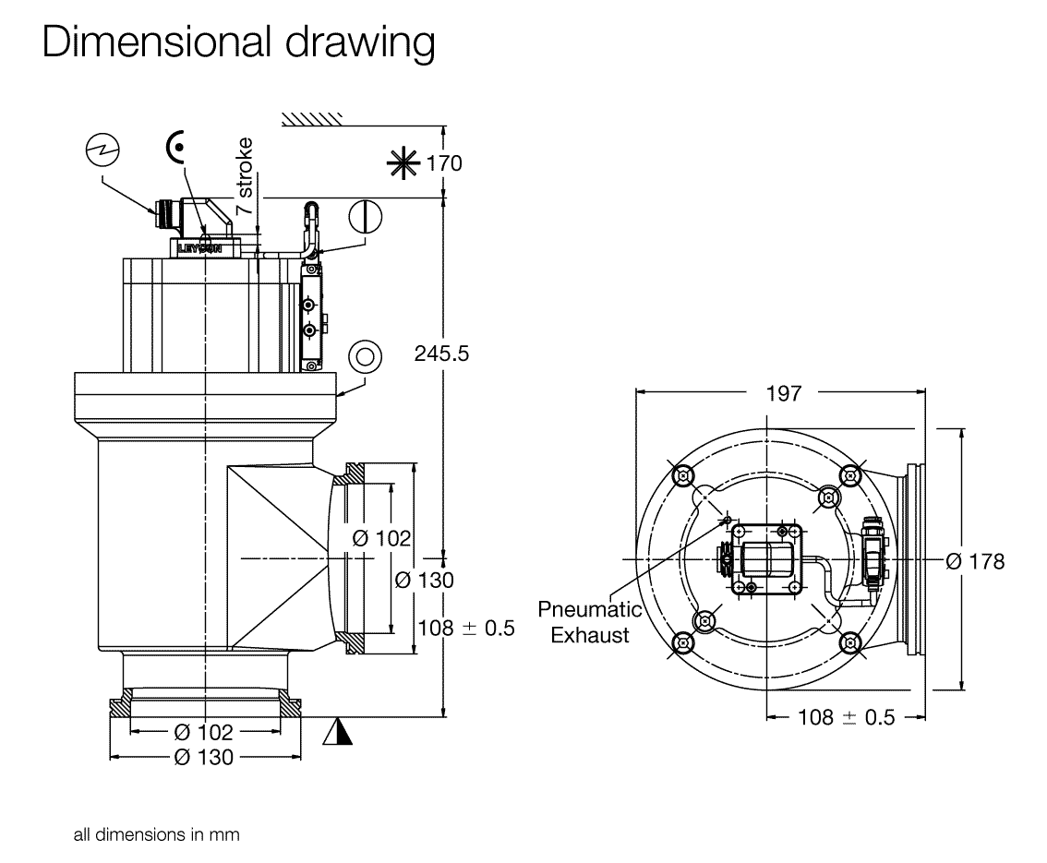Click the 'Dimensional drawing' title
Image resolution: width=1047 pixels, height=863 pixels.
point(238,43)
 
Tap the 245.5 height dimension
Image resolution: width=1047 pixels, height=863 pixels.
point(441,354)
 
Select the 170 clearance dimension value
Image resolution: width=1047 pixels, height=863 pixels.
point(444,164)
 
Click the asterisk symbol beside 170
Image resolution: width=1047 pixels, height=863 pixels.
point(403,164)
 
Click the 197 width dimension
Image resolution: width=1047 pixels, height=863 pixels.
point(784,393)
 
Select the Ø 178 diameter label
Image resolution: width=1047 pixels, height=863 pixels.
point(975,561)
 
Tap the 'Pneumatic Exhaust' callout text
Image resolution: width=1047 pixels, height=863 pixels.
point(590,622)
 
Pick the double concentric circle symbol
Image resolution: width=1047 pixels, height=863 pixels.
point(365,355)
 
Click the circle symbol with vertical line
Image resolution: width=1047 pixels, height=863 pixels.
point(366,217)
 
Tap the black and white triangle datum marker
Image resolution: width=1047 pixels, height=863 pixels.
point(338,732)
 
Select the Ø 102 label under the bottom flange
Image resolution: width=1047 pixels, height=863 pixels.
point(203,732)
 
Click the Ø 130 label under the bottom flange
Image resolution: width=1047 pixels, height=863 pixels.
point(203,757)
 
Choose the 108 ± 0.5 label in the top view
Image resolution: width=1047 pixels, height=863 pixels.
point(846,717)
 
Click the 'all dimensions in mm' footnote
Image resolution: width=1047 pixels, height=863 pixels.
point(157,835)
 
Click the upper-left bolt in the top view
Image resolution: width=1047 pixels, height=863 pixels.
point(683,475)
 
